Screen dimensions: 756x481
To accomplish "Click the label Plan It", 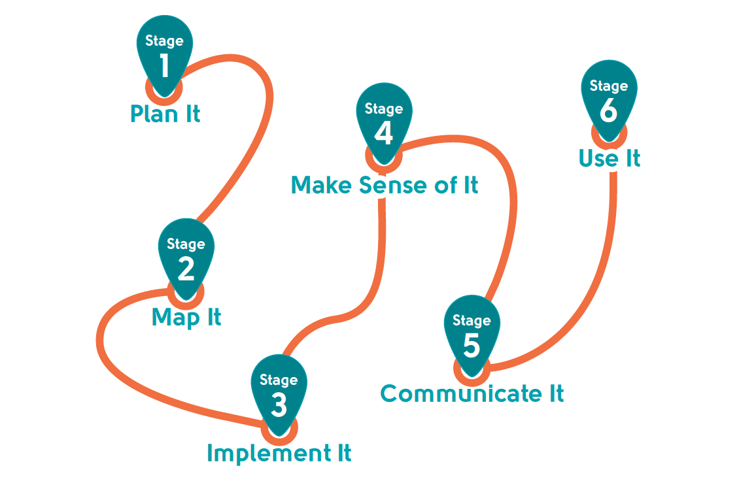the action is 165,114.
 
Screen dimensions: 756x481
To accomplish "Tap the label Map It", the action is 186,318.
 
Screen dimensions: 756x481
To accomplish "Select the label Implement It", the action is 279,453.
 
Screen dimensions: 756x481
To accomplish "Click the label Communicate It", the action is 472,393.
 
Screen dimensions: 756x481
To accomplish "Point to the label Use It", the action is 610,158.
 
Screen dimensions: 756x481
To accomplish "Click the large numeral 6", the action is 609,110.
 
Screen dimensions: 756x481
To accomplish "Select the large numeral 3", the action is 279,405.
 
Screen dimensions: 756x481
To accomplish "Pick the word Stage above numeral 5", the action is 472,320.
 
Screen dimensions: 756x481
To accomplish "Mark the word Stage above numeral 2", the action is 186,244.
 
